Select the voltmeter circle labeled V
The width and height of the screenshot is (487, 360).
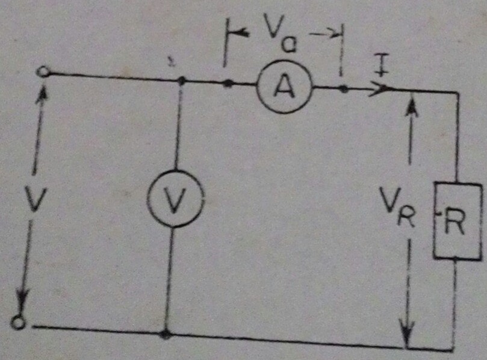click(x=175, y=199)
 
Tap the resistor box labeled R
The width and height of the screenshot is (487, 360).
click(x=458, y=222)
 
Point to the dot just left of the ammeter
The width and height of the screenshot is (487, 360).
click(x=228, y=83)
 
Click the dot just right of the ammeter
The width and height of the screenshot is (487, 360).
click(x=343, y=89)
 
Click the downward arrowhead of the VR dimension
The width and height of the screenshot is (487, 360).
click(x=409, y=334)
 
